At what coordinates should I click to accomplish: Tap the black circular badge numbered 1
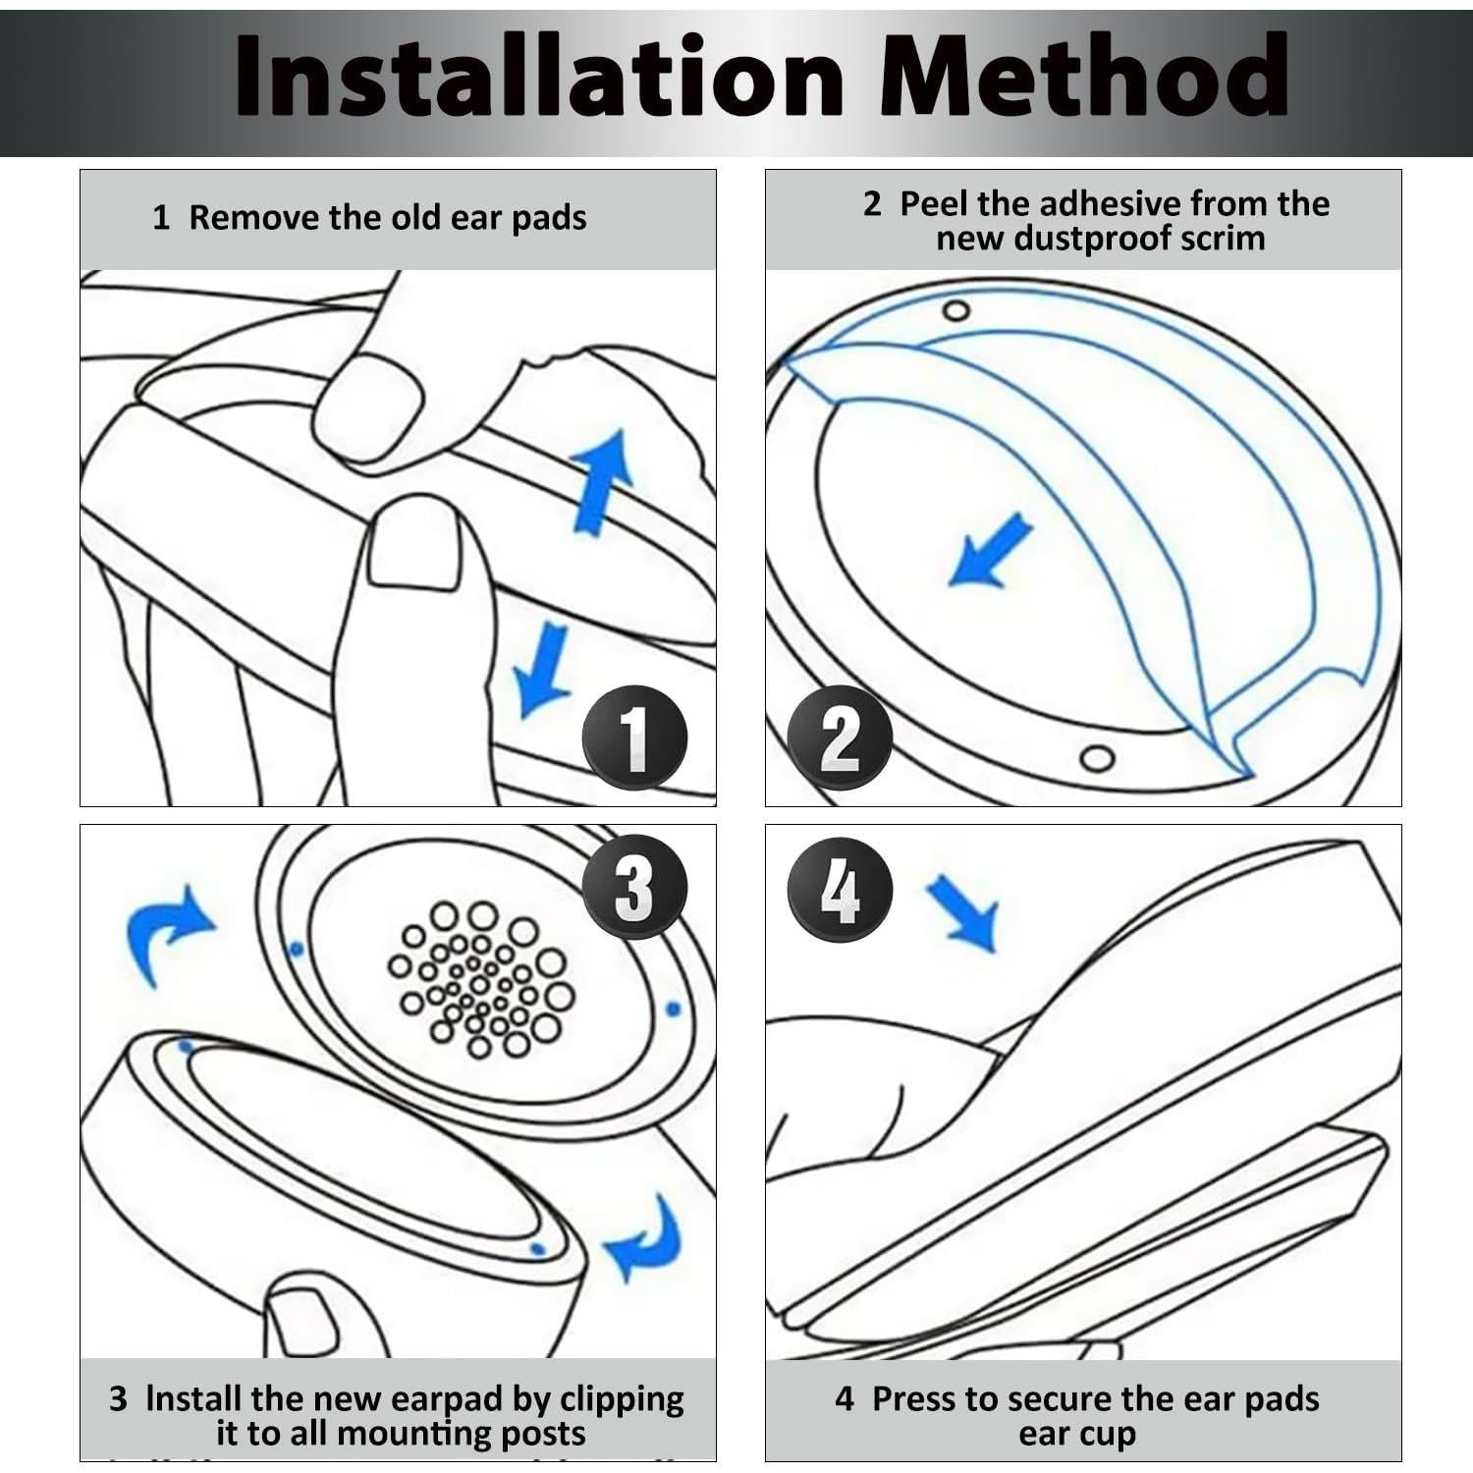634,737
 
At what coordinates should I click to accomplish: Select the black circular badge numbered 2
840,737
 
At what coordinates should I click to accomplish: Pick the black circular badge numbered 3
634,887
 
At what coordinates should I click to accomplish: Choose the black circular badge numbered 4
840,890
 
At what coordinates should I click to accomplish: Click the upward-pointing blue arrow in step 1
601,481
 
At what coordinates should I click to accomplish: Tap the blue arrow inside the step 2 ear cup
990,552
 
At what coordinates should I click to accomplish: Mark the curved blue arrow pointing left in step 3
643,1239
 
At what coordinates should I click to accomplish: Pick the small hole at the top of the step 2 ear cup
955,311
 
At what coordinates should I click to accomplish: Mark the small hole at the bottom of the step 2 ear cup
1097,759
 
